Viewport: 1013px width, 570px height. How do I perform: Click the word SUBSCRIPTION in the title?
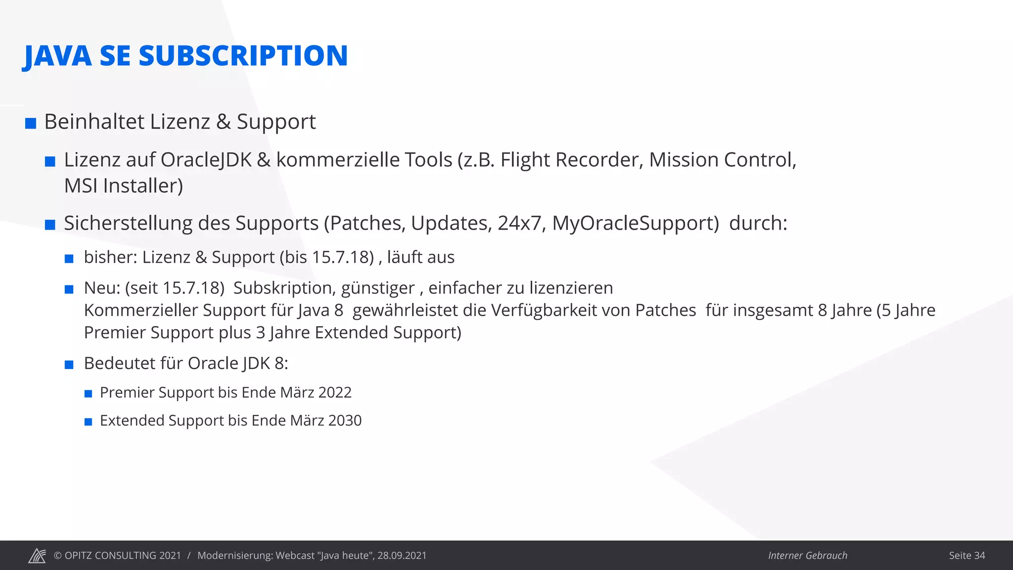tap(243, 55)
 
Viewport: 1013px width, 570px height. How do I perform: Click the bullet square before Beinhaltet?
tap(31, 123)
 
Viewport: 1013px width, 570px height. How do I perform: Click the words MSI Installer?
tap(123, 186)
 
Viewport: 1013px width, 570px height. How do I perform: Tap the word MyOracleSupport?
tap(635, 223)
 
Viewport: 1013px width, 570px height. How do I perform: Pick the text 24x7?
tap(519, 223)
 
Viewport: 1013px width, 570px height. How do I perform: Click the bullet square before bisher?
tap(69, 259)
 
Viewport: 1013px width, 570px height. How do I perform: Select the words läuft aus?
tap(420, 257)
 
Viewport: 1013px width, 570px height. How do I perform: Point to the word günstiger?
tap(378, 288)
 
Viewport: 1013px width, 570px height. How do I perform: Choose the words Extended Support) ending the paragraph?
tap(388, 332)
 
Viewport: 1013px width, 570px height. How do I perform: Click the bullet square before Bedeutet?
tap(69, 365)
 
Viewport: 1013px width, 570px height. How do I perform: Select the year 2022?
tap(335, 392)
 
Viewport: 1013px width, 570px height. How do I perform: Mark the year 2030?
tap(345, 421)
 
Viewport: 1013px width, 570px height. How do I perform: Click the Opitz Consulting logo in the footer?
tap(37, 556)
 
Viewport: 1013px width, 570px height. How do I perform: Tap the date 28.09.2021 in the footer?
tap(402, 556)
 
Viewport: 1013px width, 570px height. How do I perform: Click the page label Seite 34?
tap(967, 556)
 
